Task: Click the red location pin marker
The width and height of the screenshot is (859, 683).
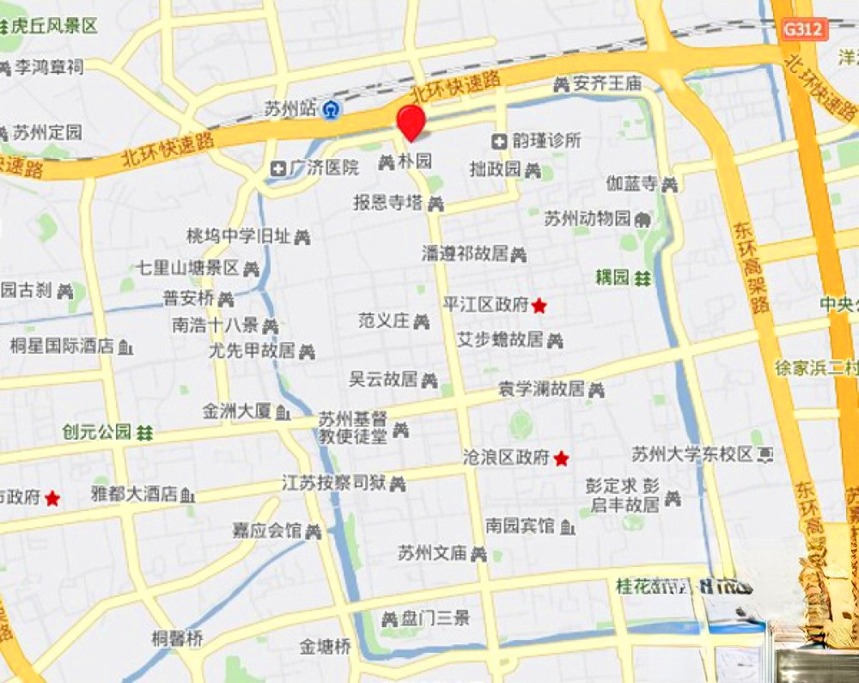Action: [411, 122]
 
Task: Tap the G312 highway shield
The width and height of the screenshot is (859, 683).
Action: [803, 29]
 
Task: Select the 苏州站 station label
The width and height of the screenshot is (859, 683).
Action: [290, 109]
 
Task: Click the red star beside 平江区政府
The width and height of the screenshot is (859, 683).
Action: [539, 305]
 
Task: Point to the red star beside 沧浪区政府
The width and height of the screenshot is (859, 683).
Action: [561, 459]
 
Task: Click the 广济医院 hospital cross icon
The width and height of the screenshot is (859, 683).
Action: [278, 168]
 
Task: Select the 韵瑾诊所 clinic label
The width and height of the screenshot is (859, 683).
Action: [547, 140]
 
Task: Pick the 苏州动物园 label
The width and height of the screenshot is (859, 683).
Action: [588, 218]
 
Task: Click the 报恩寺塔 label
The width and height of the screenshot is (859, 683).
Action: [387, 203]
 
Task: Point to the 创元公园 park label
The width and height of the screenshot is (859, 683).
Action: [96, 431]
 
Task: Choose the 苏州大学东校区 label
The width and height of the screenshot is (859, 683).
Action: [691, 453]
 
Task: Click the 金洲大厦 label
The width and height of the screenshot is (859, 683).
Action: [237, 412]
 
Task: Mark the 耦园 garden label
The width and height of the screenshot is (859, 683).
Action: [612, 277]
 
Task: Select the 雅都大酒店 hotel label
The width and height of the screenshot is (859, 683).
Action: [133, 494]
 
